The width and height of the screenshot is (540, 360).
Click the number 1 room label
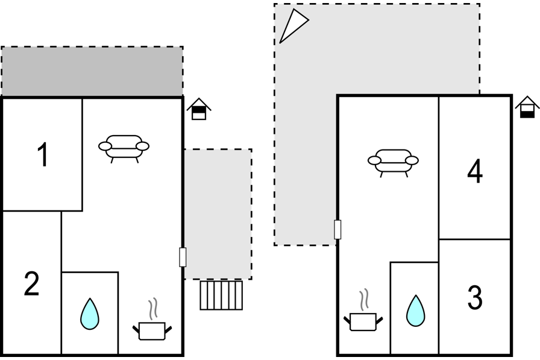pyautogui.click(x=43, y=155)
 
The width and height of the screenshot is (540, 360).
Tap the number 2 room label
pyautogui.click(x=31, y=283)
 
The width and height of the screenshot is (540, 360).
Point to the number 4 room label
pyautogui.click(x=475, y=171)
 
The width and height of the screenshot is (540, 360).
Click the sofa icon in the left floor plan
pyautogui.click(x=124, y=148)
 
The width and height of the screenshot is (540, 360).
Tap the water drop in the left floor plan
pyautogui.click(x=90, y=314)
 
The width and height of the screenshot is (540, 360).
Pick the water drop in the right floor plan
pyautogui.click(x=415, y=311)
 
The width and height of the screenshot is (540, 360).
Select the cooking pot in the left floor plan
pyautogui.click(x=152, y=330)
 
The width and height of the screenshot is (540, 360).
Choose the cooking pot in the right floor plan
pyautogui.click(x=363, y=322)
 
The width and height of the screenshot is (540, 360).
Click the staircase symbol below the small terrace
pyautogui.click(x=221, y=295)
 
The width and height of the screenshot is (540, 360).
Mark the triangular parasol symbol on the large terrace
pyautogui.click(x=294, y=26)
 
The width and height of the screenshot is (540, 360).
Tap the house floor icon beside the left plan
pyautogui.click(x=199, y=109)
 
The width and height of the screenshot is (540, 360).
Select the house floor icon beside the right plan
pyautogui.click(x=527, y=107)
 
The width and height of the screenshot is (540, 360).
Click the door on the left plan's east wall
pyautogui.click(x=183, y=257)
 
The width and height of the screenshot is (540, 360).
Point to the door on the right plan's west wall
pyautogui.click(x=337, y=229)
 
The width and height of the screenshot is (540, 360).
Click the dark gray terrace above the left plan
pyautogui.click(x=92, y=71)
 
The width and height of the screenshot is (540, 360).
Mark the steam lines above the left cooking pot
pyautogui.click(x=153, y=309)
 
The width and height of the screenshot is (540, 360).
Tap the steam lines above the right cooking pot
pyautogui.click(x=363, y=300)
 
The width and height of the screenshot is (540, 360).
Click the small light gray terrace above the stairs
pyautogui.click(x=218, y=214)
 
